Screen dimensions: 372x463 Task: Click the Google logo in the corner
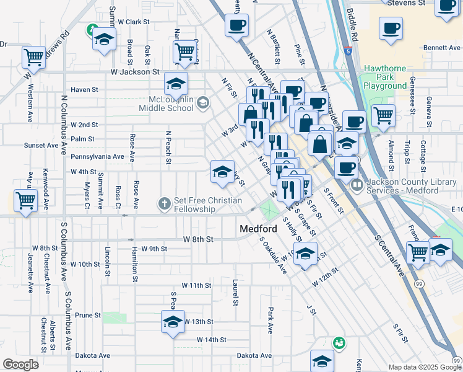[x=20, y=365]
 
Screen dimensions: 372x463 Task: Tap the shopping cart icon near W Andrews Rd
[x=33, y=57]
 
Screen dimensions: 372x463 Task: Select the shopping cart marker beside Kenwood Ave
[x=26, y=200]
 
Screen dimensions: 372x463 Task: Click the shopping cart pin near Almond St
[x=384, y=115]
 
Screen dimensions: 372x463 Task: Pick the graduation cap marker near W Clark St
[x=105, y=38]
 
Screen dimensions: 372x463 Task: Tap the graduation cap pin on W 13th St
[x=173, y=321]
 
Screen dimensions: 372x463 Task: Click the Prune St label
[x=88, y=315]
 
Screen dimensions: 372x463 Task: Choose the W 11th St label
[x=196, y=285]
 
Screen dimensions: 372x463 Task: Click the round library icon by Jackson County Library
[x=357, y=185]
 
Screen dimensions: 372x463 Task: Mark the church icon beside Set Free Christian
[x=164, y=203]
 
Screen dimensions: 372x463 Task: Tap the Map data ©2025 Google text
[x=425, y=367]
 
